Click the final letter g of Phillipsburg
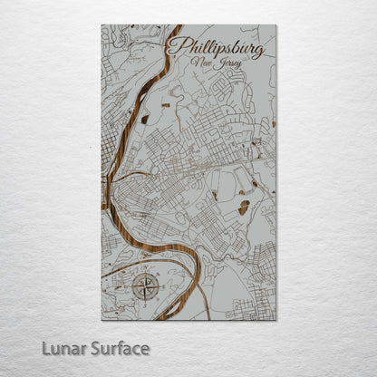coord(258,51)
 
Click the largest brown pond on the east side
coord(243,208)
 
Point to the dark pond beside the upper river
coord(144,119)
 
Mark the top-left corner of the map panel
coord(101,25)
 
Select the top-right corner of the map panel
coord(276,25)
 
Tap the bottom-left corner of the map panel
coord(101,320)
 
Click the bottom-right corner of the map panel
coord(276,320)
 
